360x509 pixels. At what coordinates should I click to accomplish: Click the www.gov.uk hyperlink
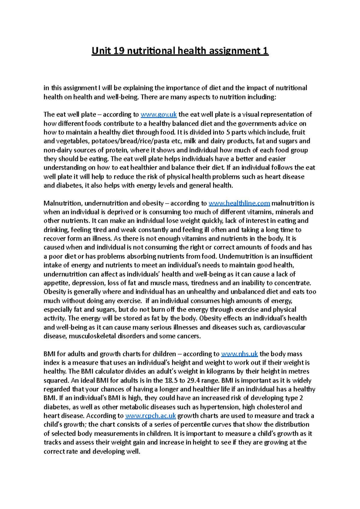pos(159,115)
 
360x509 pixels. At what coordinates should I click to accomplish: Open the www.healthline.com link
pos(239,203)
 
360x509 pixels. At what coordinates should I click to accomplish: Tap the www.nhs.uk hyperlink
pos(239,354)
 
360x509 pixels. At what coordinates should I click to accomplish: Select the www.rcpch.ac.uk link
pos(150,416)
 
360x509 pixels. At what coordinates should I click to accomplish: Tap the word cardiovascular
pos(284,327)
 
